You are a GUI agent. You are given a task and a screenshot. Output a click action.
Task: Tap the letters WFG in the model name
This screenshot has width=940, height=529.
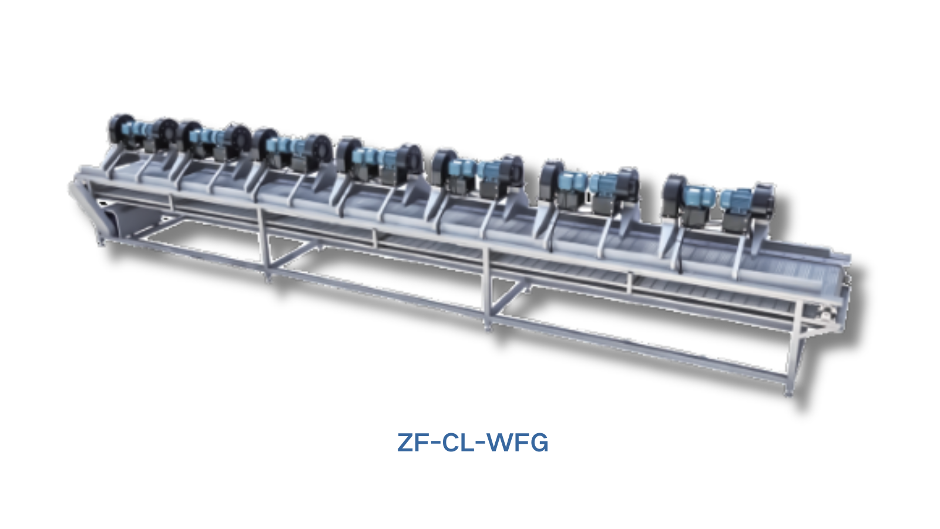[518, 443]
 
